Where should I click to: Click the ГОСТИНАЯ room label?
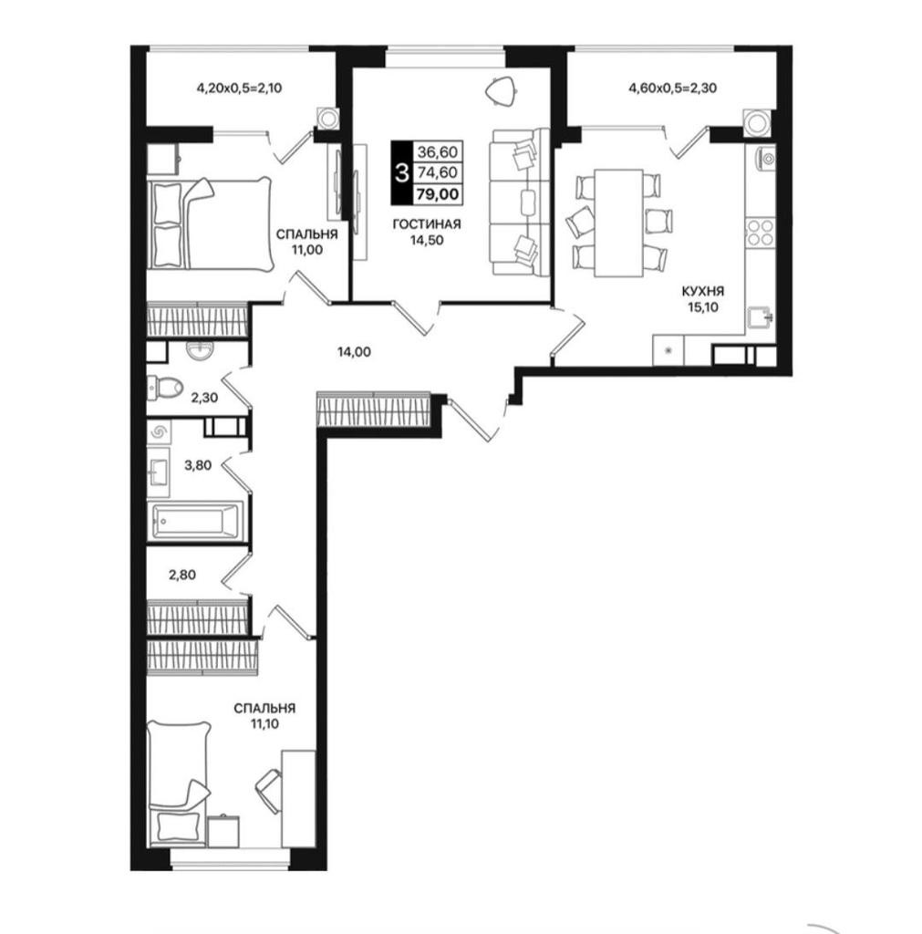427,224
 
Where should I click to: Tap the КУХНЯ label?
703,291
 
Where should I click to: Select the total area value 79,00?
438,194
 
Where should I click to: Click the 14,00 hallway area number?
354,352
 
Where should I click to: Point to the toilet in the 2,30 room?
164,387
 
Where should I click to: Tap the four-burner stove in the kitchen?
760,233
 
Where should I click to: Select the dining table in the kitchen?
619,223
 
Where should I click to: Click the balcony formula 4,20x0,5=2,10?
239,88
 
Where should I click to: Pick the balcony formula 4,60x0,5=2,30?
672,88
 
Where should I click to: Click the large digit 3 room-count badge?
402,172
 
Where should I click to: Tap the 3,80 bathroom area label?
198,465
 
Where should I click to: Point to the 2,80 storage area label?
182,575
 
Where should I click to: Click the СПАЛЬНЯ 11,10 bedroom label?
264,716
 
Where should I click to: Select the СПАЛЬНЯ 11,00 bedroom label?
306,242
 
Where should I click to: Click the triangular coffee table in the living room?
501,91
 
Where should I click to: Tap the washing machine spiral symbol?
159,431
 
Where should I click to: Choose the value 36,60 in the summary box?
438,152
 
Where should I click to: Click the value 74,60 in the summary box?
438,172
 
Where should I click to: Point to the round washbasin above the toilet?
199,351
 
